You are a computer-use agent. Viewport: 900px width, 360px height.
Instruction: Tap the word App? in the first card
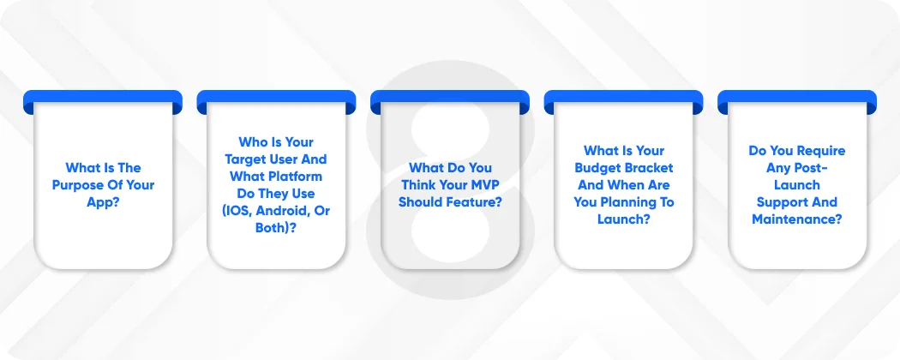[x=103, y=202]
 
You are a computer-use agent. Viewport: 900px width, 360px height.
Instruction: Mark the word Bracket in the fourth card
[x=650, y=168]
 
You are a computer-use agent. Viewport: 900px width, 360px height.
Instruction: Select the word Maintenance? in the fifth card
[x=797, y=219]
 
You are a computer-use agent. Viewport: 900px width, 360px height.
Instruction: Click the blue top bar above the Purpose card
[x=103, y=99]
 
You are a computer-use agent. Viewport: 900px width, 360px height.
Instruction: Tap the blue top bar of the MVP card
[x=450, y=99]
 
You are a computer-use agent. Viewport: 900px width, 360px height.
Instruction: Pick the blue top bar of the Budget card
[x=623, y=99]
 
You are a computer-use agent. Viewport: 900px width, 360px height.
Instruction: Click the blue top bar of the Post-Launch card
[x=797, y=99]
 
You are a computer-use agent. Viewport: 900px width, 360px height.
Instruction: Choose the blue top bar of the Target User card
[x=276, y=99]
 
